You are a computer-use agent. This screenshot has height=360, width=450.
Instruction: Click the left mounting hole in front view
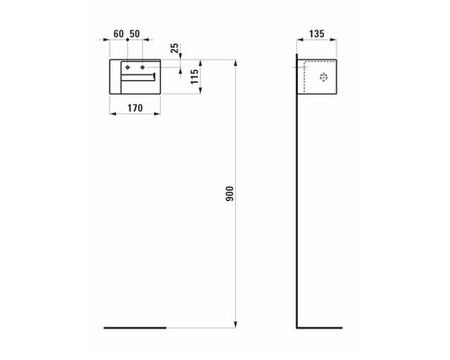129,68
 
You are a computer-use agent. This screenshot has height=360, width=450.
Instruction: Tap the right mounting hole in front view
143,68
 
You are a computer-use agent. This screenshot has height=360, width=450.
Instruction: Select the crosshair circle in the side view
325,77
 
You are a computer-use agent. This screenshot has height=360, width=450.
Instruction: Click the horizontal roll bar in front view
141,79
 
